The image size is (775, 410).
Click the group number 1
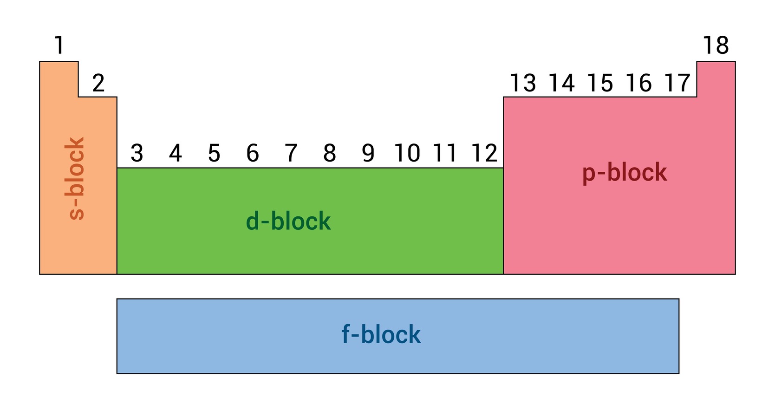pos(59,45)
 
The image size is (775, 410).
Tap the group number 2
pos(98,83)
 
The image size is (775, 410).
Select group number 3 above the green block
pos(137,153)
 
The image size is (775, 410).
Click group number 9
pos(368,153)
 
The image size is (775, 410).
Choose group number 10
pos(407,153)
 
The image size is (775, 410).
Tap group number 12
pos(484,153)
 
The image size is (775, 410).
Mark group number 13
pos(523,83)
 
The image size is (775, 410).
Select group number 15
pos(600,83)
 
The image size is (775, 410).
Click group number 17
pos(677,83)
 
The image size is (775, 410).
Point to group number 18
pos(716,45)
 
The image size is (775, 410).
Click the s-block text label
pos(75,178)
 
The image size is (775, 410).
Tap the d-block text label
pos(288,221)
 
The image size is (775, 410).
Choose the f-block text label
pos(381,334)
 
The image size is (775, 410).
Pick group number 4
pos(176,153)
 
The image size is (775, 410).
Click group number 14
pos(562,83)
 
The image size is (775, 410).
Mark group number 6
pos(253,153)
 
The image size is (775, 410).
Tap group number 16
pos(639,83)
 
